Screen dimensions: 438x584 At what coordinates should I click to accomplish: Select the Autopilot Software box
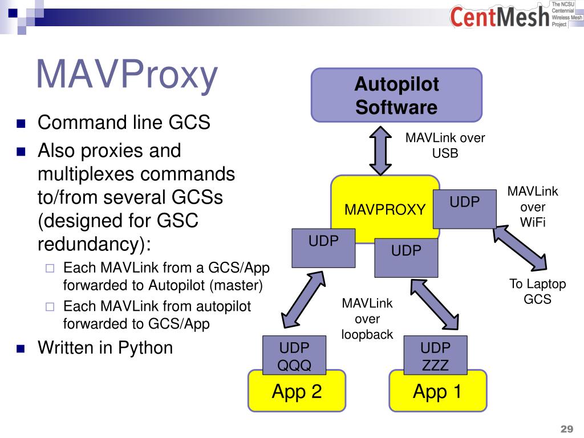pos(396,95)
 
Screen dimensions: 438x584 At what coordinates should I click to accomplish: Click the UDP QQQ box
pos(294,356)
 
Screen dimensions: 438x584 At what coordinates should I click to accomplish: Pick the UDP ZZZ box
pos(436,356)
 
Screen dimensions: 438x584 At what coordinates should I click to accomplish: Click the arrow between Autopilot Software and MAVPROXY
pos(380,149)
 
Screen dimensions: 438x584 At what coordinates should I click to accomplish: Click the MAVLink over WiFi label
pos(533,206)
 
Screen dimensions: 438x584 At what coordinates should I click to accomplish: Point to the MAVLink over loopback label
pos(367,319)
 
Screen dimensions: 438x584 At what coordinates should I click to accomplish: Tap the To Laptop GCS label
pos(537,291)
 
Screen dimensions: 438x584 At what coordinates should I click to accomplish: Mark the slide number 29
pos(566,429)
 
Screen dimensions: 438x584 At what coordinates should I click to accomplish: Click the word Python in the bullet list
pos(145,347)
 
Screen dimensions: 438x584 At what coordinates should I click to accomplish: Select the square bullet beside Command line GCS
pos(22,123)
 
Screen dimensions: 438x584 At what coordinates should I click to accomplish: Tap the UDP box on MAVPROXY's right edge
pos(464,208)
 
